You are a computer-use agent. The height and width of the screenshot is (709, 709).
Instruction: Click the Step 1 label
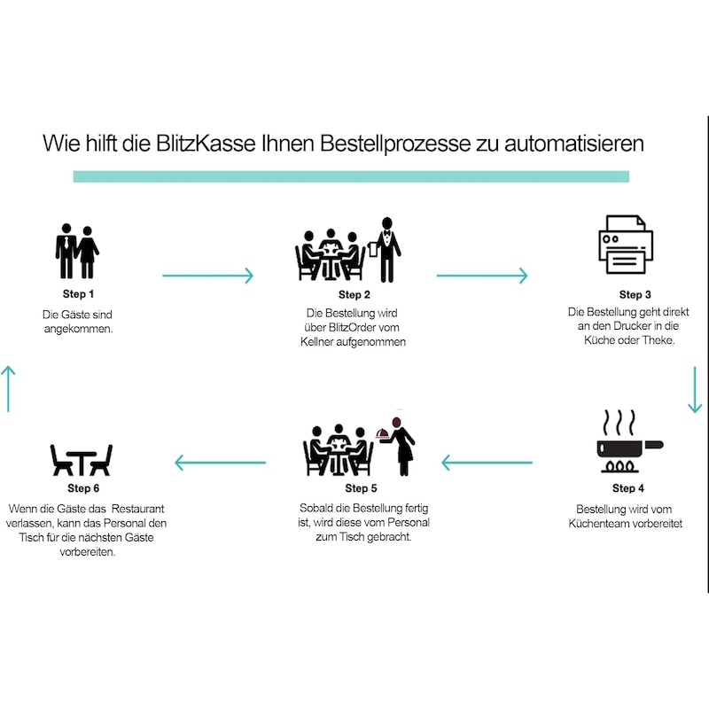click(80, 293)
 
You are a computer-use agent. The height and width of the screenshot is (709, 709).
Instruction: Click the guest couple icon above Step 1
click(76, 253)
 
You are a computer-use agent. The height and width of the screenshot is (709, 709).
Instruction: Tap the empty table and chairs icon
click(81, 459)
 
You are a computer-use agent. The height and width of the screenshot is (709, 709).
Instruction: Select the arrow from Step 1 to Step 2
click(207, 276)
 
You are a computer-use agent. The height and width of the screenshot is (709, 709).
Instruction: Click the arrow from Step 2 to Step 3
click(481, 276)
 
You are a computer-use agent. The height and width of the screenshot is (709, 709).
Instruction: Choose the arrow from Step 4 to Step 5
click(487, 462)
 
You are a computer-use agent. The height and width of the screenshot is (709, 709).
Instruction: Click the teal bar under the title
click(350, 176)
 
